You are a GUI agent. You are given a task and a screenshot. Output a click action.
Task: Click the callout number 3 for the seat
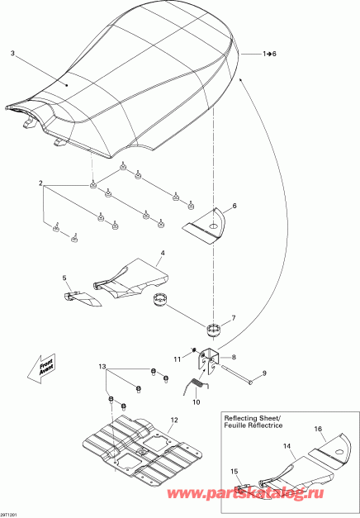[12, 53]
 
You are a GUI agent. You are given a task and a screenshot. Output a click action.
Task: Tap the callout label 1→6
[269, 54]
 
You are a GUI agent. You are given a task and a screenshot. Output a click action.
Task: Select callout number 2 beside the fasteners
[40, 183]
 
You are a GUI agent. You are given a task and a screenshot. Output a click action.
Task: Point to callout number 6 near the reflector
[234, 206]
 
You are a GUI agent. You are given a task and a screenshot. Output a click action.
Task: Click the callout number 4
[163, 253]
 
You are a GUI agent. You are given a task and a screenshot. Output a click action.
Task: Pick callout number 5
[64, 278]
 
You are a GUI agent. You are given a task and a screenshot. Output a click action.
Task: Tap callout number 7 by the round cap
[234, 318]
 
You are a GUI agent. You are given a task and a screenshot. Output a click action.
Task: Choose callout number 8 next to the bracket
[234, 357]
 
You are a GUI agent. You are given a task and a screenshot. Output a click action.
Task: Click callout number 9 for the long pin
[264, 373]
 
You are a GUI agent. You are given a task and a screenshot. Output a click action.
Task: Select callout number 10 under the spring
[197, 402]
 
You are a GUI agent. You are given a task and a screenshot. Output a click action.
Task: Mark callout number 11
[178, 359]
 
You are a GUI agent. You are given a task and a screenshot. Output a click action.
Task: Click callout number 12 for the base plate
[174, 420]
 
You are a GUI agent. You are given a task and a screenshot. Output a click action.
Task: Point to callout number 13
[102, 366]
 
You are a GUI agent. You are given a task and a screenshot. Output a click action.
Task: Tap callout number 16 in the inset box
[318, 429]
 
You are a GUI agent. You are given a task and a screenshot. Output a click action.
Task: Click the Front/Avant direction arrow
[41, 369]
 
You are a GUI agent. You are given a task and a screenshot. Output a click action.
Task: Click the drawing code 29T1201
[8, 515]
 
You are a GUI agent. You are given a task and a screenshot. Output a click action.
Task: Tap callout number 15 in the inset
[234, 472]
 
